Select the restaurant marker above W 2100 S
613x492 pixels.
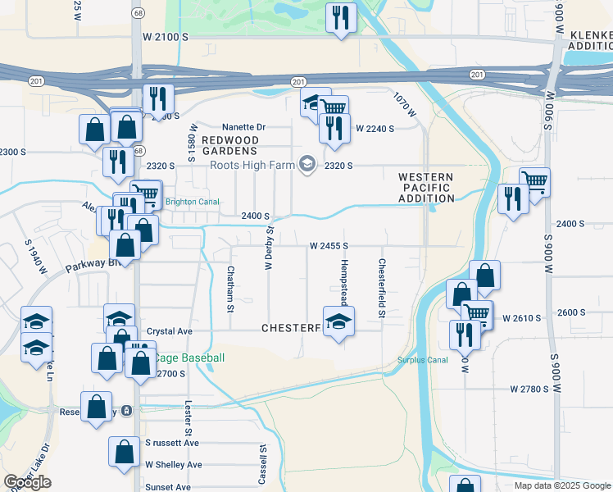tap(339, 18)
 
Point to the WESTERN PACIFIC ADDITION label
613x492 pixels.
tap(426, 188)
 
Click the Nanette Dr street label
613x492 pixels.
tap(244, 127)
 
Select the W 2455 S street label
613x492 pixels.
tap(329, 245)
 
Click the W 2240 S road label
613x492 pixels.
tap(375, 129)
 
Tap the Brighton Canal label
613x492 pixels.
tap(189, 202)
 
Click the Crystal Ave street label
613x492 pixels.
tap(169, 331)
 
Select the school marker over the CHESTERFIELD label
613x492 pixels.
tap(338, 321)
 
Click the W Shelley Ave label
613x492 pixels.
tap(173, 465)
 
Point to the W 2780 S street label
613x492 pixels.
tap(528, 389)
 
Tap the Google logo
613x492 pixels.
tap(28, 482)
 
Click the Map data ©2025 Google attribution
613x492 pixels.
tap(561, 485)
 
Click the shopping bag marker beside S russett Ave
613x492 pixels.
tap(124, 453)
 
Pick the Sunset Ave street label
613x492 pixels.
tap(168, 487)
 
